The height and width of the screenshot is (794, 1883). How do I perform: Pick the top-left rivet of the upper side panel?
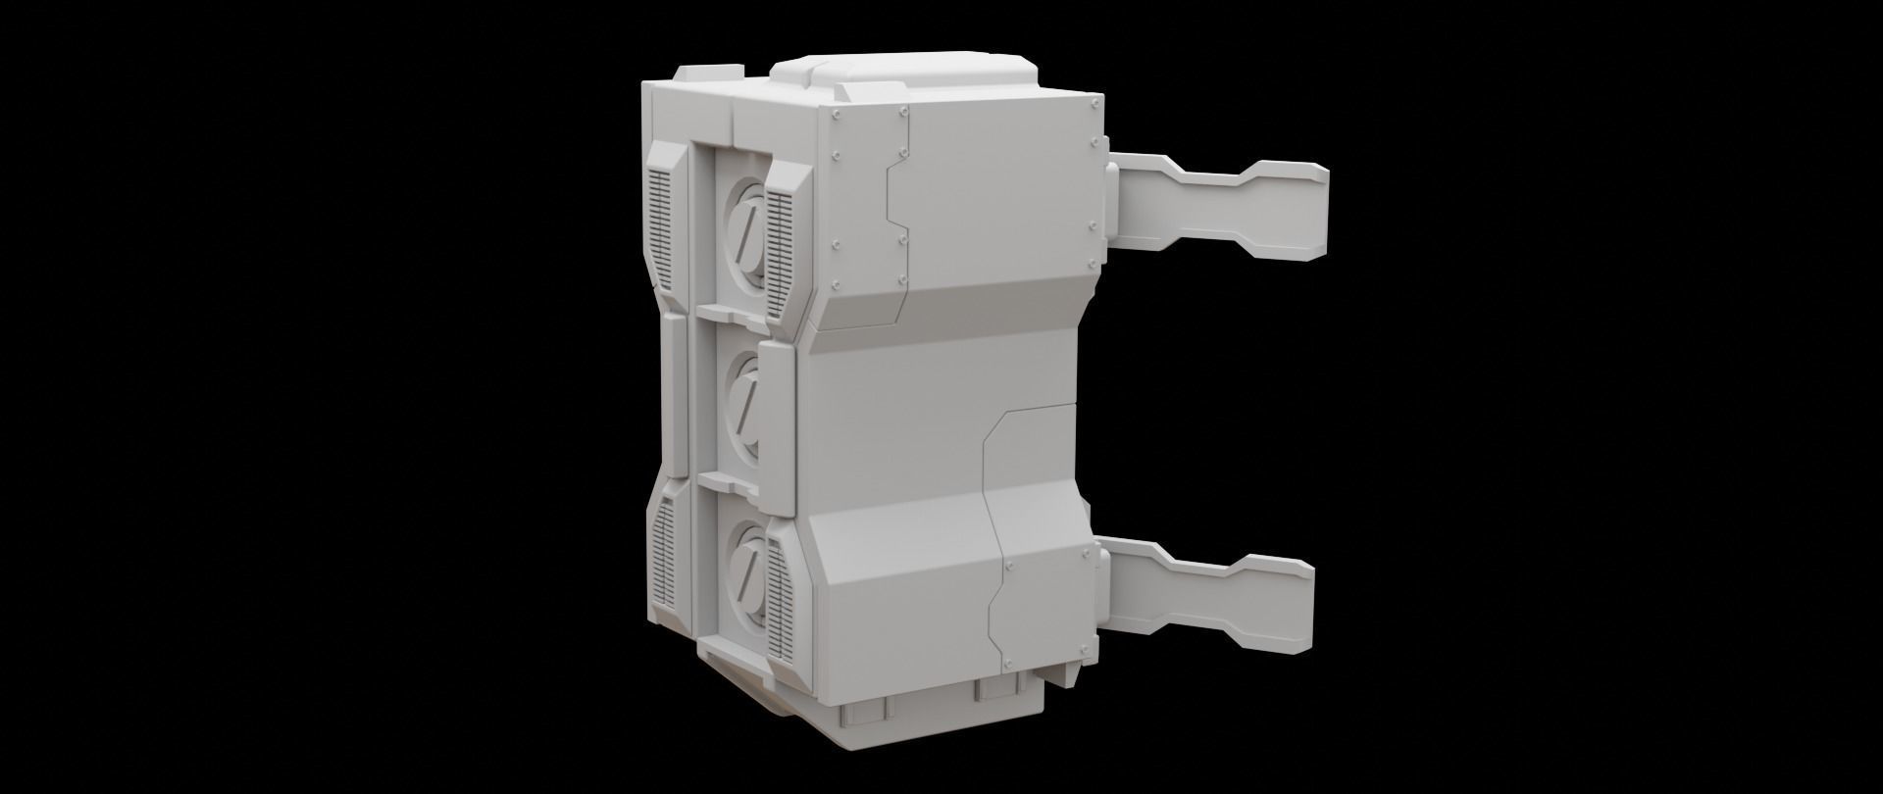pyautogui.click(x=836, y=115)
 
